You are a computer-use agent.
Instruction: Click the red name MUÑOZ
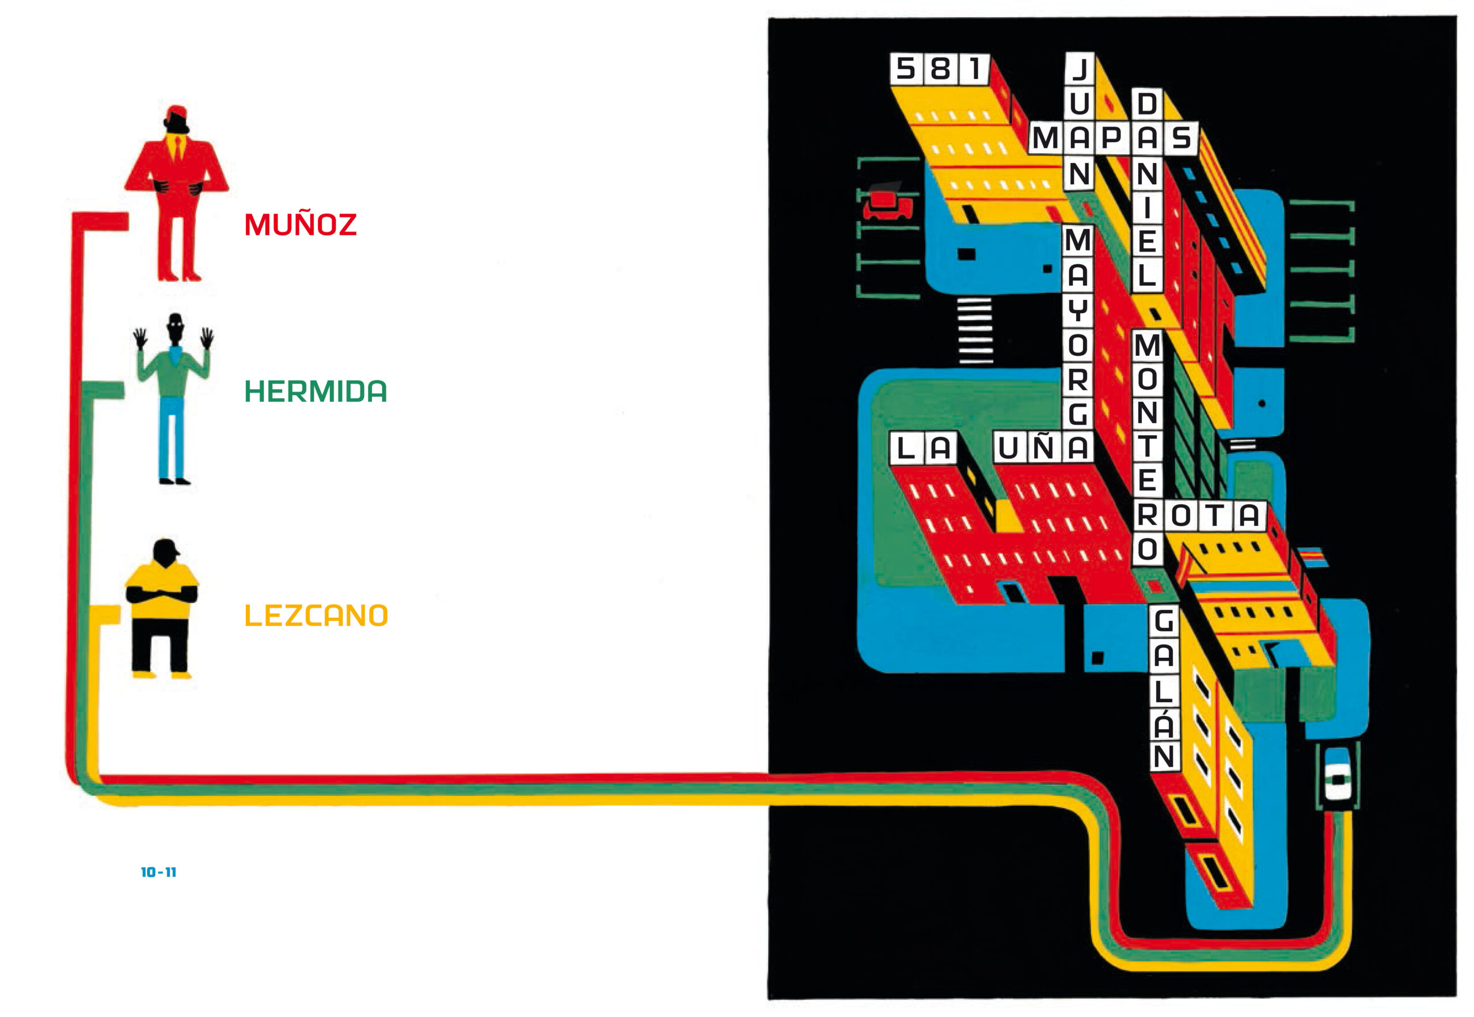[301, 224]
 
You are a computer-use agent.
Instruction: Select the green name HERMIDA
[316, 391]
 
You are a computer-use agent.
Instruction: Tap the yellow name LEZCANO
[316, 616]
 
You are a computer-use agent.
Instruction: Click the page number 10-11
[158, 873]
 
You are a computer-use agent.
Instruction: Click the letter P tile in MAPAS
[1112, 138]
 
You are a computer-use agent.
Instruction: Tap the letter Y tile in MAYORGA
[1078, 310]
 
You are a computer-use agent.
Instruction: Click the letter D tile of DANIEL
[1147, 103]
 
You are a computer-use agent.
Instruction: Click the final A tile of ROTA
[1249, 515]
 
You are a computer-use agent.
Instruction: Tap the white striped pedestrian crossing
[975, 330]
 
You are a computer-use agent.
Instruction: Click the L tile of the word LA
[906, 447]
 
